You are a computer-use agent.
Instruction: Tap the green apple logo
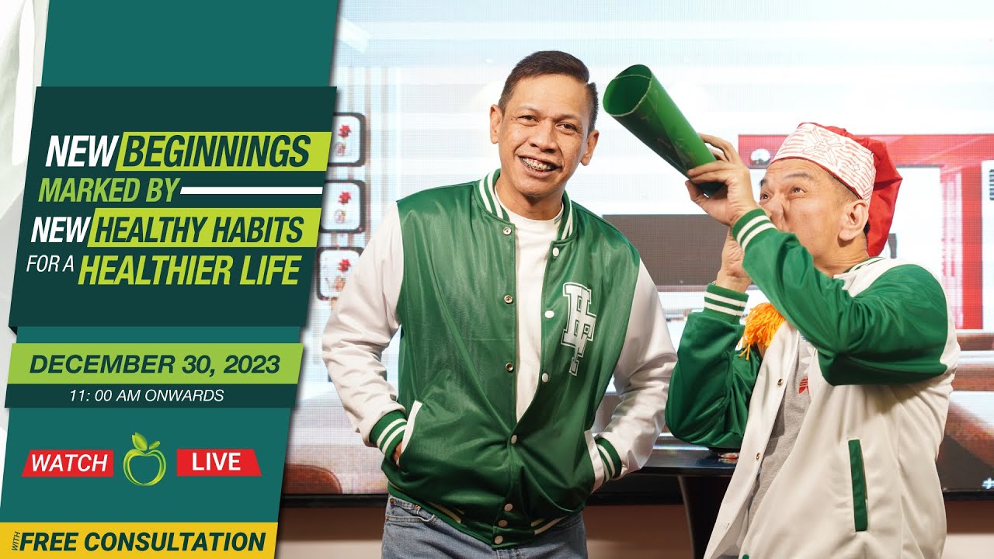click(144, 460)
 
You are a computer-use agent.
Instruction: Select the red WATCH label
click(68, 464)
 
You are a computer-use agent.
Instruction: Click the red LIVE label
click(217, 462)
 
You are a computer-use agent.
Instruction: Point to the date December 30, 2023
click(155, 365)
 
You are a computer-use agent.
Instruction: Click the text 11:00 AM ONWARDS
click(146, 396)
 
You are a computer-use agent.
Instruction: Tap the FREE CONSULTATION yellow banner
click(143, 541)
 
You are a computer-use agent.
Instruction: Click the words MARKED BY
click(109, 189)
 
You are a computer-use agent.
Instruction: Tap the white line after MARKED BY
click(251, 189)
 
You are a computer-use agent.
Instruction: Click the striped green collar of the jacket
click(491, 197)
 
